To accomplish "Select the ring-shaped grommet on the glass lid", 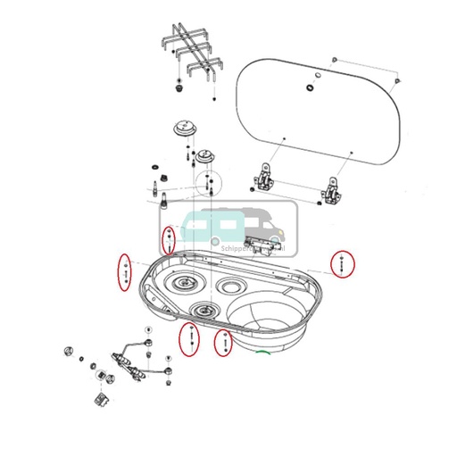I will tap(310, 86).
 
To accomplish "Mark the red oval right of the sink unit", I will tap(343, 264).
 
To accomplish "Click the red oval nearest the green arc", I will tap(225, 342).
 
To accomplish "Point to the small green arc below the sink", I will tap(263, 353).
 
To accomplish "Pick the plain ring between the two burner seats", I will tap(233, 287).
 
